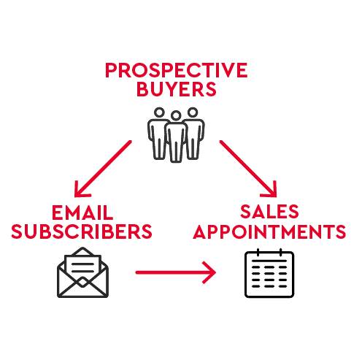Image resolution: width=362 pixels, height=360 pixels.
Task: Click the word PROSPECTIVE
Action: [x=177, y=70]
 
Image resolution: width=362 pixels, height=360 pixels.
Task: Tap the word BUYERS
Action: [x=177, y=89]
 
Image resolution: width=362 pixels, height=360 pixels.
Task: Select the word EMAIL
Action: [x=82, y=212]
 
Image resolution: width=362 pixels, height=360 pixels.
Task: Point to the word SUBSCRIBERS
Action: [x=82, y=231]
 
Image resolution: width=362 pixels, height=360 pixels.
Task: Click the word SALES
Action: [x=269, y=211]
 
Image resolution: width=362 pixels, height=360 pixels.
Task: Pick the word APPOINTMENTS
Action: [x=269, y=231]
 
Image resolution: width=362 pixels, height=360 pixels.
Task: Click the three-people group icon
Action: [x=176, y=135]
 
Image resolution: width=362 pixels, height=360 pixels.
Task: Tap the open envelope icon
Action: [x=82, y=272]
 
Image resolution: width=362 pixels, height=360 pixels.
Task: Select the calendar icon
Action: [x=269, y=273]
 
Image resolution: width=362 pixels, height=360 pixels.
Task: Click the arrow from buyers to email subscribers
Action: [x=103, y=169]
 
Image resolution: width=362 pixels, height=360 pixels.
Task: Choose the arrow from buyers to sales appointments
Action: [x=248, y=169]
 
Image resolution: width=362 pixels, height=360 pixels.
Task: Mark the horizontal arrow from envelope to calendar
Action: [x=176, y=272]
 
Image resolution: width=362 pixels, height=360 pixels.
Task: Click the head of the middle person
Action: [x=176, y=115]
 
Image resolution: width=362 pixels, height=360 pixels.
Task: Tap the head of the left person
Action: [x=159, y=112]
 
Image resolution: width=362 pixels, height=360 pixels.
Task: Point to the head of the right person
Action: [x=193, y=112]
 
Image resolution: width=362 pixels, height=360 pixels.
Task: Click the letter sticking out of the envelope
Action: [x=82, y=265]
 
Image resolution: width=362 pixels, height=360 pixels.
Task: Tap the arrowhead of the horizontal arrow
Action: [x=209, y=272]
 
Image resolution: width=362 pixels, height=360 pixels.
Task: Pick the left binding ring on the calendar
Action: [x=258, y=253]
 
